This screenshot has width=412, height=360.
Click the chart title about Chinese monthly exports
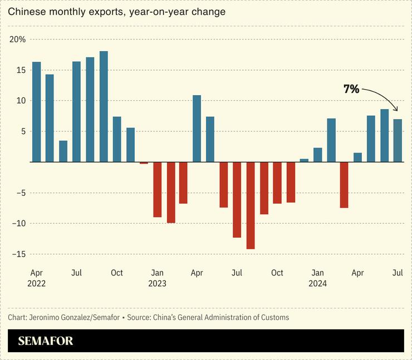click(x=117, y=12)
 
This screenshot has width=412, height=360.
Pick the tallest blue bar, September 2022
click(x=104, y=106)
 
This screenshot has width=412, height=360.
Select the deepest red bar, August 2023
click(x=251, y=205)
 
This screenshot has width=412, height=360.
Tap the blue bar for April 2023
click(x=197, y=129)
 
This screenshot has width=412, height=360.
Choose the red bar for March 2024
click(x=344, y=185)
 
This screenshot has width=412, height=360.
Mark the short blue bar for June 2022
click(x=63, y=151)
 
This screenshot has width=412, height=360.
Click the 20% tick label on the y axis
click(x=17, y=40)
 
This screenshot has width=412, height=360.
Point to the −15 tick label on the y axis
click(x=17, y=254)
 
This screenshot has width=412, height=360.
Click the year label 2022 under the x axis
click(x=36, y=283)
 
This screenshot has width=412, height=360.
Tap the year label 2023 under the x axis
click(x=157, y=283)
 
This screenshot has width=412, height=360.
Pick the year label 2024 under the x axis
click(x=317, y=283)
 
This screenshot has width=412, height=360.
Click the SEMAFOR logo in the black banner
click(x=46, y=341)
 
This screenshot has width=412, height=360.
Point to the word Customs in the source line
click(x=274, y=317)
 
